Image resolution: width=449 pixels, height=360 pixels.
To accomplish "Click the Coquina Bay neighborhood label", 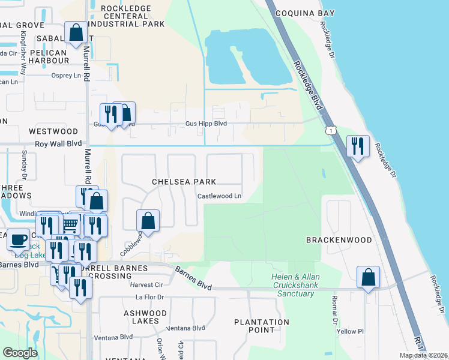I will [x=303, y=13].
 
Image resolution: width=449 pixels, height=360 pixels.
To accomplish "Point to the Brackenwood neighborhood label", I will [x=339, y=239].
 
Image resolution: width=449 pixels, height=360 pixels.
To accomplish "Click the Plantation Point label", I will [x=262, y=326].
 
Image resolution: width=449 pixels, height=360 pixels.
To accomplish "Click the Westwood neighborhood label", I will [x=53, y=131].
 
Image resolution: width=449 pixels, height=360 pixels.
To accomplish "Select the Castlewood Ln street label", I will [x=220, y=196].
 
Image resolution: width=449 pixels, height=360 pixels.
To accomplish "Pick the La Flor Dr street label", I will [x=149, y=297].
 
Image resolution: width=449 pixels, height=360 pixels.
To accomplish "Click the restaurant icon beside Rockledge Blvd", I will [x=357, y=146].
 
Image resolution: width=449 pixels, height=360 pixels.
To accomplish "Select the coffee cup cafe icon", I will [x=18, y=239].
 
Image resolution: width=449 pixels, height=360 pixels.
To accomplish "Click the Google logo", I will [x=20, y=353].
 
